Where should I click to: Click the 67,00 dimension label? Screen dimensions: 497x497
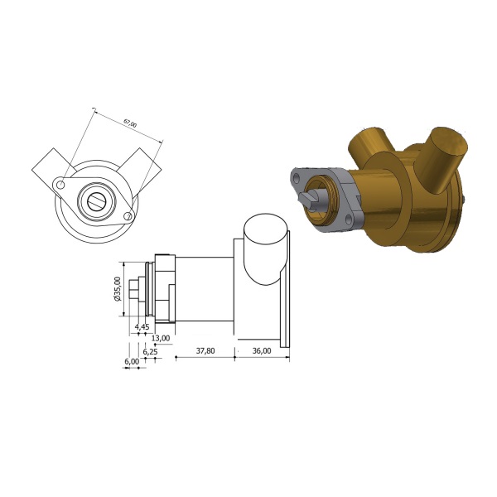[130, 123]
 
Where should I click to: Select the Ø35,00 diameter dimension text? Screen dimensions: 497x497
[118, 289]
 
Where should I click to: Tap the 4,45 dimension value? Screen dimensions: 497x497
[142, 326]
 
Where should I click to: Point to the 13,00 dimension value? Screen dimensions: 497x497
[161, 338]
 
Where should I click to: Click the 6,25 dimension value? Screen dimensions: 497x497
[150, 352]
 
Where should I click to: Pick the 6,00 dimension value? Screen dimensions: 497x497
[132, 361]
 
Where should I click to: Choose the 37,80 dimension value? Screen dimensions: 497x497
[205, 351]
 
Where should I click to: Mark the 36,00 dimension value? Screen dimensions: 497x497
[262, 351]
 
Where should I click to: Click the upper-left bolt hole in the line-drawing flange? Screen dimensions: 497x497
[61, 184]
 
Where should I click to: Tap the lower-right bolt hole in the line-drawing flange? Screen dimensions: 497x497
[128, 216]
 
